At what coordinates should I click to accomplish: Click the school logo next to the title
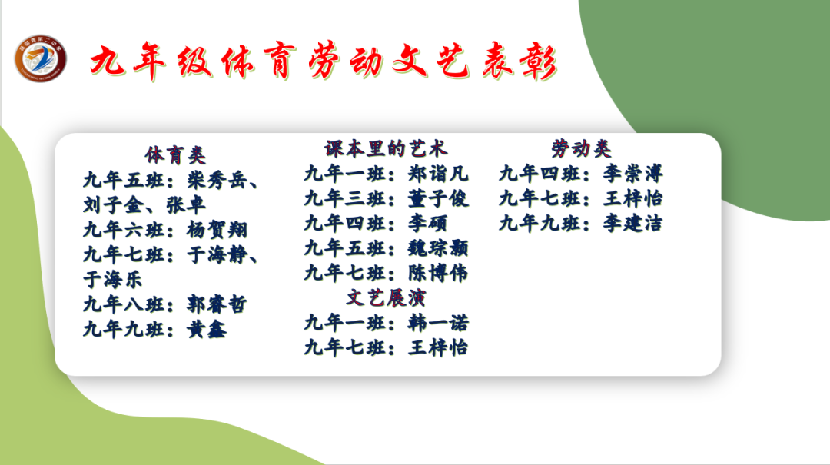point(40,58)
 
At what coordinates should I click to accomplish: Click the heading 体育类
point(176,155)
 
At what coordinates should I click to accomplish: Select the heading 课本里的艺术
point(386,148)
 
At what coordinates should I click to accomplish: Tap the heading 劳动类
point(581,148)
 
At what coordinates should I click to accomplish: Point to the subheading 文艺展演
point(386,297)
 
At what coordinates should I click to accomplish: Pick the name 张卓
point(185,205)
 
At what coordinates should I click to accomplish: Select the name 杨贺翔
point(217,230)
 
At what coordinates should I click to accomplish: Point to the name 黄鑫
point(207,329)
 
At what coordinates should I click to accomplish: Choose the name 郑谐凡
point(437,173)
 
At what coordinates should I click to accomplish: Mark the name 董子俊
point(437,198)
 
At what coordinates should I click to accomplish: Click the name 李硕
point(427,223)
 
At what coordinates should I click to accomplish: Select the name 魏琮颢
point(437,247)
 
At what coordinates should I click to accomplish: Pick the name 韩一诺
point(437,322)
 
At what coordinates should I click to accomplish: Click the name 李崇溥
point(632,173)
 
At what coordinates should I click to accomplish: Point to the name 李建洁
point(632,223)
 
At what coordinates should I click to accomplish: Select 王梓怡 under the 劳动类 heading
point(632,198)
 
